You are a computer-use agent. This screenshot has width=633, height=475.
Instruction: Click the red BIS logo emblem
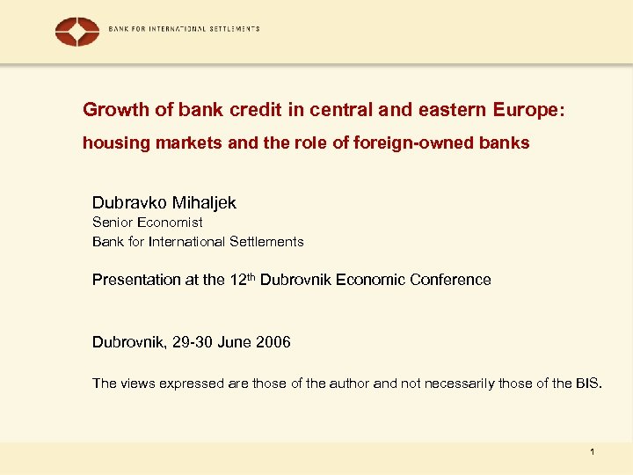coord(77,32)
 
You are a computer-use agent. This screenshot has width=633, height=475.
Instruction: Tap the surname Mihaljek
coord(204,202)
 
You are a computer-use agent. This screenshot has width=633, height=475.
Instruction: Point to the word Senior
coord(113,223)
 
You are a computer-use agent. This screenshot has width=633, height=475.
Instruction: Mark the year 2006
coord(273,341)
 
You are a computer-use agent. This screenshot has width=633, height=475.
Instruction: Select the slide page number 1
coord(593,452)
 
